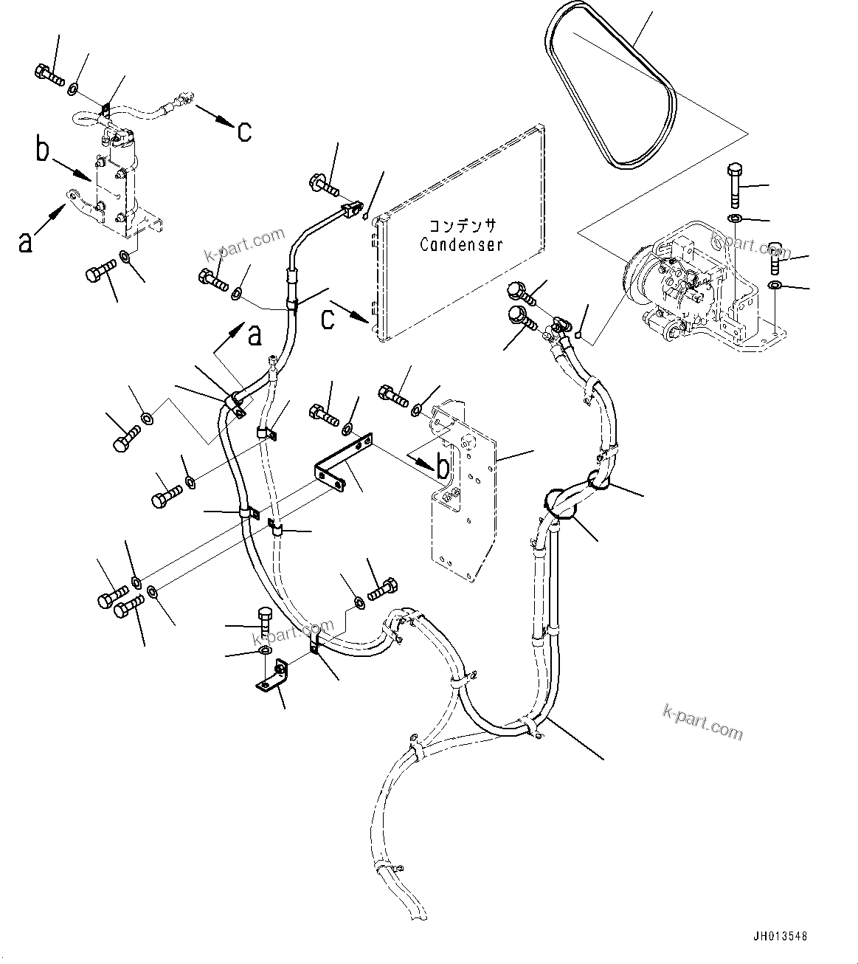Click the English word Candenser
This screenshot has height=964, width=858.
pos(461,244)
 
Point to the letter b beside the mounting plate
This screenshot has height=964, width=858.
pos(443,466)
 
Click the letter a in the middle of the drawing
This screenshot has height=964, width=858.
pos(255,336)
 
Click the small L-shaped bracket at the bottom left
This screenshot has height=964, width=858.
pos(274,678)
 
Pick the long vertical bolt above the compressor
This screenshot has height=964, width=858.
pos(735,185)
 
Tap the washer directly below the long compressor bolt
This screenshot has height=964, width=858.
pos(736,219)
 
